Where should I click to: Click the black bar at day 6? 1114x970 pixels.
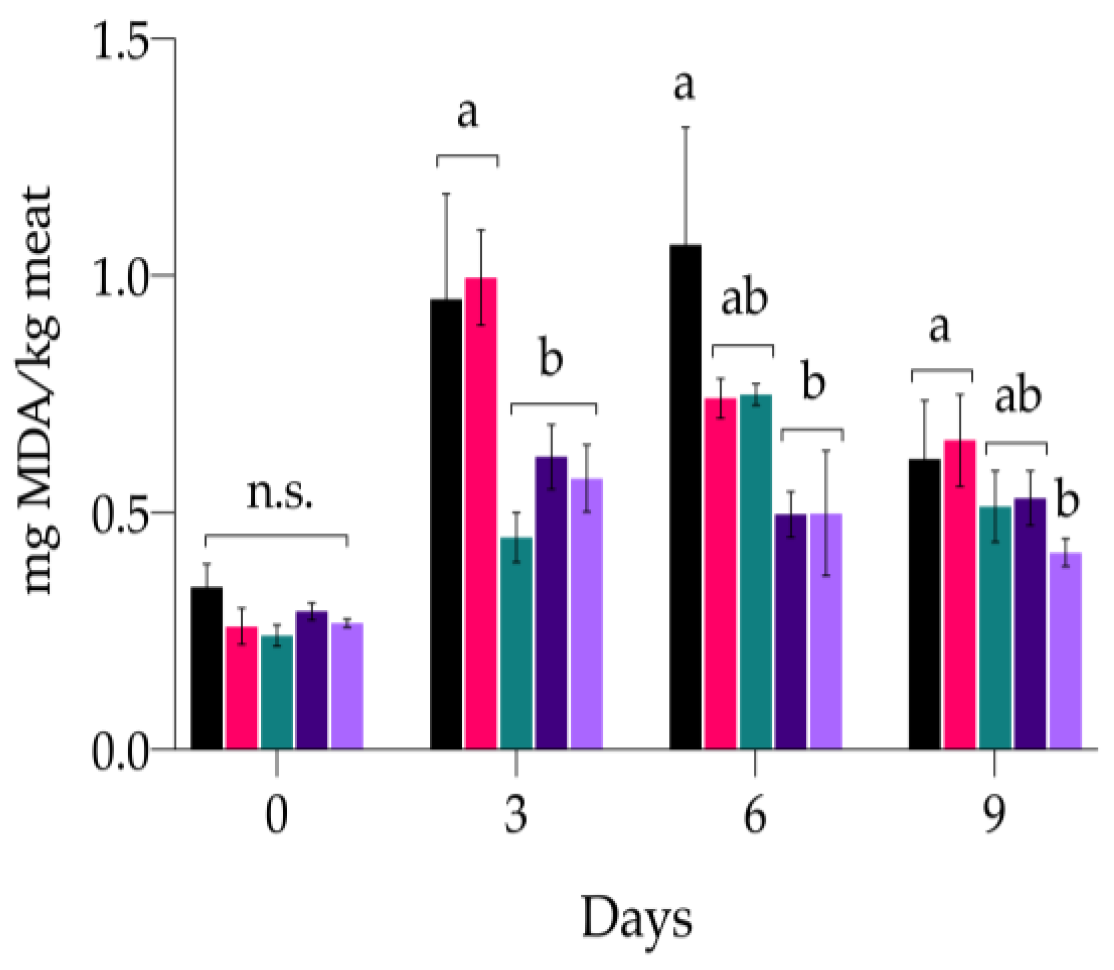pos(685,497)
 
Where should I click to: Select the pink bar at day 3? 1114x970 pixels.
pos(481,514)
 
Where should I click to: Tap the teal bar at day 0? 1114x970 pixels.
pos(276,691)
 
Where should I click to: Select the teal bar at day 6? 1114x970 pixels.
pos(756,571)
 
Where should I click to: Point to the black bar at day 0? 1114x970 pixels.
pos(207,668)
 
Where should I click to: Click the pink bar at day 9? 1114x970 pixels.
pos(960,594)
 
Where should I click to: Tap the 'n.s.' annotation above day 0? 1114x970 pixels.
pos(280,495)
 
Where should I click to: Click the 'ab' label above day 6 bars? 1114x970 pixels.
pos(744,299)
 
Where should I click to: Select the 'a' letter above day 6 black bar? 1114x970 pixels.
pos(683,86)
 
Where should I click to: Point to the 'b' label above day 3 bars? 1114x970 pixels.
pos(551,359)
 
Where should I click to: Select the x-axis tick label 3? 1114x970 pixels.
pos(516,816)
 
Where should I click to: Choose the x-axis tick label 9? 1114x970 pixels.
pos(994,816)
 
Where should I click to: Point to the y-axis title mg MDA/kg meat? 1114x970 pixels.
pos(39,389)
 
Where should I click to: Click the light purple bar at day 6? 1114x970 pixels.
pos(826,631)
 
